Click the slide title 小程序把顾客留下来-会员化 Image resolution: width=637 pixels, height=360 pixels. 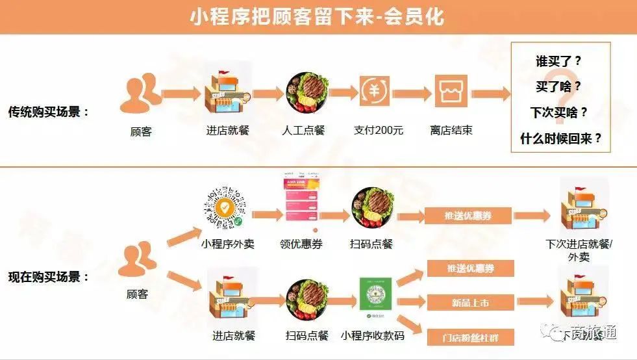click(318, 16)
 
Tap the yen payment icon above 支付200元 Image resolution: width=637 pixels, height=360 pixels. click(375, 92)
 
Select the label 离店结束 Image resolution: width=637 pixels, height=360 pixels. click(451, 130)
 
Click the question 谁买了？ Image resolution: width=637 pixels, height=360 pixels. click(558, 62)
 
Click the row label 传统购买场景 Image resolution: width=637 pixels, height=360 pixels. click(49, 112)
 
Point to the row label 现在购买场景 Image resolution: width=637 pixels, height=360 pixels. click(49, 277)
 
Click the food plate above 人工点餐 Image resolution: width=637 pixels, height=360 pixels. click(306, 93)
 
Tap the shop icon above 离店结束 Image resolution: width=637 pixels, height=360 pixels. click(451, 92)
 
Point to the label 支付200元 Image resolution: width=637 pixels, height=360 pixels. click(379, 130)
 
